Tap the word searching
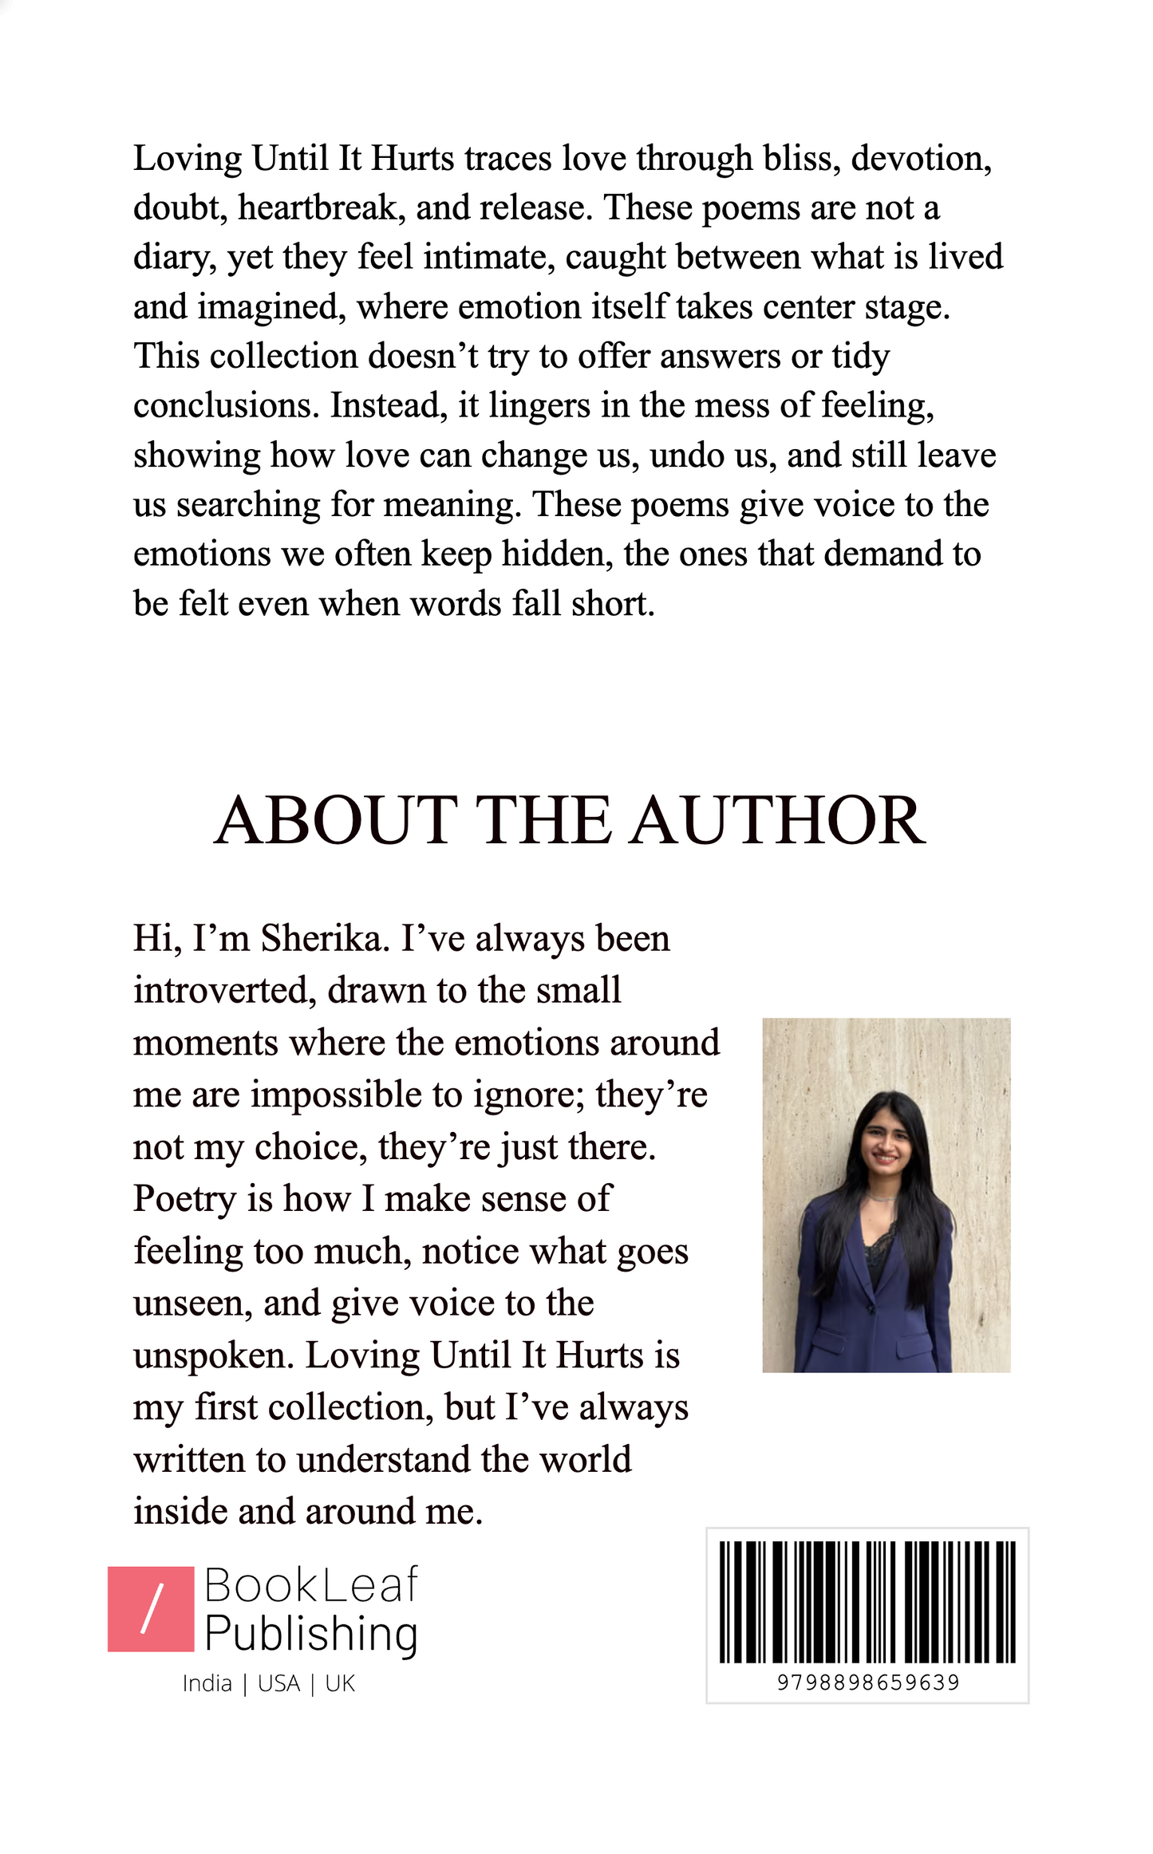248,506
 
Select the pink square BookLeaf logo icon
151,1609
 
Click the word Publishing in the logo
311,1634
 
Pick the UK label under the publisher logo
340,1683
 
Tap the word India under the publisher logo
207,1683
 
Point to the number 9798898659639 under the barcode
867,1682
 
